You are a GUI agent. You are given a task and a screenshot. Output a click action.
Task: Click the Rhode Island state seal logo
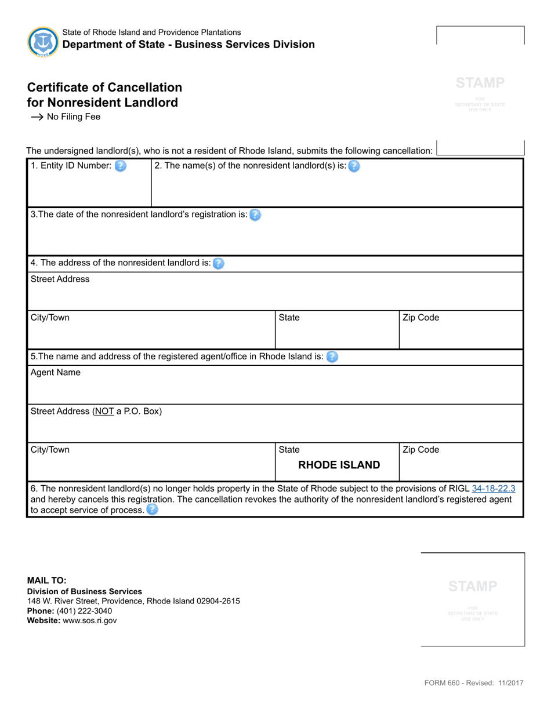point(43,42)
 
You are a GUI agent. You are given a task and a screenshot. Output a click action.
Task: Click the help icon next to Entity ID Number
point(120,166)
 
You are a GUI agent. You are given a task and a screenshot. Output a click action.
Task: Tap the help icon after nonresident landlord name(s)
point(354,166)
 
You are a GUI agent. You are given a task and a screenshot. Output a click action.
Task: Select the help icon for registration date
point(255,215)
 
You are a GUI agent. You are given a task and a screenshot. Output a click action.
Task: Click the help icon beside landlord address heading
point(218,264)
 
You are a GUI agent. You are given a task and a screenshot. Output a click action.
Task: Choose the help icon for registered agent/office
point(332,357)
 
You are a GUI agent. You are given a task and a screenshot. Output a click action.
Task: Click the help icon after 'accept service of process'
point(152,510)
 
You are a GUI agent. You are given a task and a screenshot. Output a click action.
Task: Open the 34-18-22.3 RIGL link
point(494,489)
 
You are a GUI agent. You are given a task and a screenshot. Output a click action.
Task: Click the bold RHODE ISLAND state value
point(339,465)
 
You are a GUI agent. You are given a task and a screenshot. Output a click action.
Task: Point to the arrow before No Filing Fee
point(37,117)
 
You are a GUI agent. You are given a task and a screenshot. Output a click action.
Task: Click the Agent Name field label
point(56,373)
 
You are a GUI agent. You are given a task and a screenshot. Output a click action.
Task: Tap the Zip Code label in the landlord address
point(420,318)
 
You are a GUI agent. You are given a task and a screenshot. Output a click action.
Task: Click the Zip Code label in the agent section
point(420,450)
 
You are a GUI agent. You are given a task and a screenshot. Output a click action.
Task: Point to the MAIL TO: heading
point(47,580)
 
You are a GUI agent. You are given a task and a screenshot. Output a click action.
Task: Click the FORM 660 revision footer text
point(473,683)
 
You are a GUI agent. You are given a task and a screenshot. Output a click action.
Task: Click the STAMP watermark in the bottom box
point(473,586)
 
